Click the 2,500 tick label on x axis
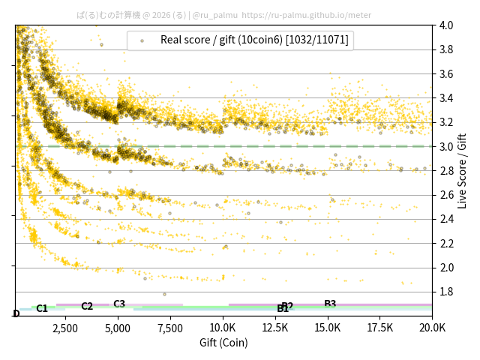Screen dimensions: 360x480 pyautogui.click(x=65, y=328)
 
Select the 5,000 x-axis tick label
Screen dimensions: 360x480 pyautogui.click(x=118, y=328)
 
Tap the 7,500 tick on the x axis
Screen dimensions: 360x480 pyautogui.click(x=171, y=328)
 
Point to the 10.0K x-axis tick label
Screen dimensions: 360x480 pyautogui.click(x=223, y=328)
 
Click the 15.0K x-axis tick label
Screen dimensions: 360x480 pyautogui.click(x=328, y=328)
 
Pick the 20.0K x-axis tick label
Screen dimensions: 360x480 pyautogui.click(x=433, y=328)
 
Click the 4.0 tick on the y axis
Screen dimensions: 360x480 pyautogui.click(x=446, y=25)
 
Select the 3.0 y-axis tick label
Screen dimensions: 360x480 pyautogui.click(x=446, y=147)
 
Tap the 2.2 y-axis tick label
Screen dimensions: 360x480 pyautogui.click(x=446, y=244)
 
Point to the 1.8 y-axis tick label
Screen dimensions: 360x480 pyautogui.click(x=446, y=292)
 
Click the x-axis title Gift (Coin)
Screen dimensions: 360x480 pyautogui.click(x=223, y=343)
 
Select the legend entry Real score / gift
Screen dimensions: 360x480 pyautogui.click(x=254, y=40)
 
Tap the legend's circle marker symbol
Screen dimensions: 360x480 pyautogui.click(x=142, y=40)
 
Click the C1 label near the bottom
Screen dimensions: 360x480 pyautogui.click(x=42, y=308)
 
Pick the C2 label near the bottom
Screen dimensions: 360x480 pyautogui.click(x=87, y=306)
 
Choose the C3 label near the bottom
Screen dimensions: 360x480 pyautogui.click(x=119, y=304)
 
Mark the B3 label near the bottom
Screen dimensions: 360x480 pyautogui.click(x=330, y=304)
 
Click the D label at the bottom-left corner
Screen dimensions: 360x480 pyautogui.click(x=16, y=313)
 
